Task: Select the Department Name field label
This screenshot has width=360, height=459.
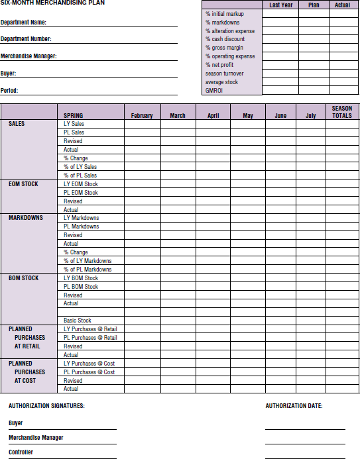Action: [24, 23]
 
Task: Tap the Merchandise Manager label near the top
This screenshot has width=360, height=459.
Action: [29, 56]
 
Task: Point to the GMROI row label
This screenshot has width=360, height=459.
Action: [213, 91]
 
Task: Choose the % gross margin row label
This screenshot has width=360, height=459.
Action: [224, 48]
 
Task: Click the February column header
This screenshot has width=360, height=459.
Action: [142, 116]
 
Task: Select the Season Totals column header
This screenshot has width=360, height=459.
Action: [342, 112]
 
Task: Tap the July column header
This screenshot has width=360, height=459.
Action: [310, 116]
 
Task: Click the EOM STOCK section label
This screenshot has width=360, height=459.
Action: [23, 184]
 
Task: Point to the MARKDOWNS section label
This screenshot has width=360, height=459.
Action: [26, 218]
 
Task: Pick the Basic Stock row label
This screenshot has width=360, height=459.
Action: [78, 321]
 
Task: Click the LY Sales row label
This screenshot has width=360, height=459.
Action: [74, 124]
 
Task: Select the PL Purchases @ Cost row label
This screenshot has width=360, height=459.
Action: [89, 372]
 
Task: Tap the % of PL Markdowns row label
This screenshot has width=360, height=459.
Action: [88, 270]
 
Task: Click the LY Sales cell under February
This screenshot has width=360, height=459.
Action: [142, 124]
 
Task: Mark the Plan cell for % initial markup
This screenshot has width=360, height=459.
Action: [314, 13]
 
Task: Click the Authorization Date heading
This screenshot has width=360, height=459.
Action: [294, 405]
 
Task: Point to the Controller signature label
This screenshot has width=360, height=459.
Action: [21, 452]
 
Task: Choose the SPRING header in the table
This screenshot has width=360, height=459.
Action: [74, 116]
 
